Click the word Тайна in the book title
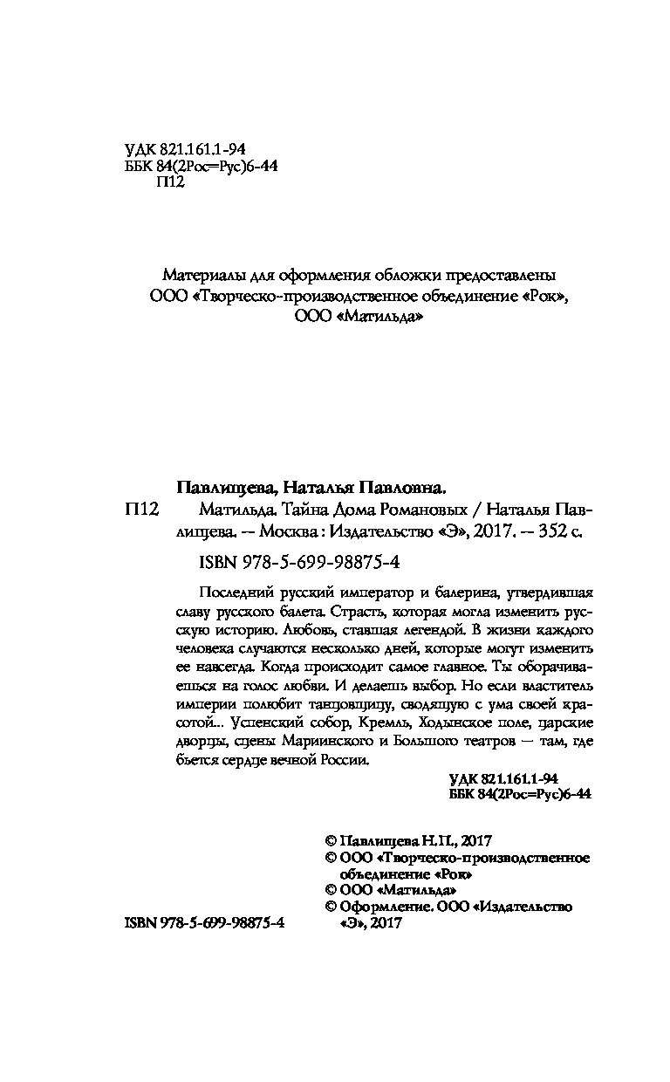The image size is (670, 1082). click(276, 508)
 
